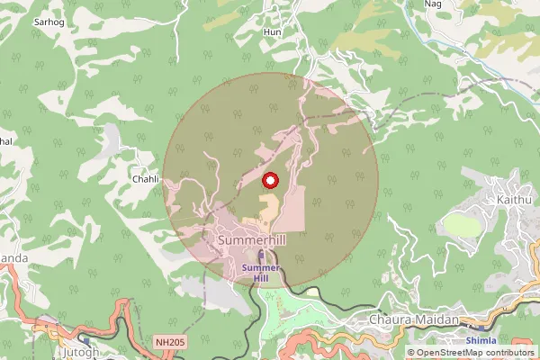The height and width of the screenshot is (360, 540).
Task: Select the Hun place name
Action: point(271,31)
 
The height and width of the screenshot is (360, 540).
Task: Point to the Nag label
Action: point(434,4)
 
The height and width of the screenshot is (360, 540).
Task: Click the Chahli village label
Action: point(146,179)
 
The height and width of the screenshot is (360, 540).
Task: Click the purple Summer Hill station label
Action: point(261,273)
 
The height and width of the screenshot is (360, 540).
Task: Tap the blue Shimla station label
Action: point(481,341)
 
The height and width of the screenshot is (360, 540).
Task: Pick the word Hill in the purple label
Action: point(261,279)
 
